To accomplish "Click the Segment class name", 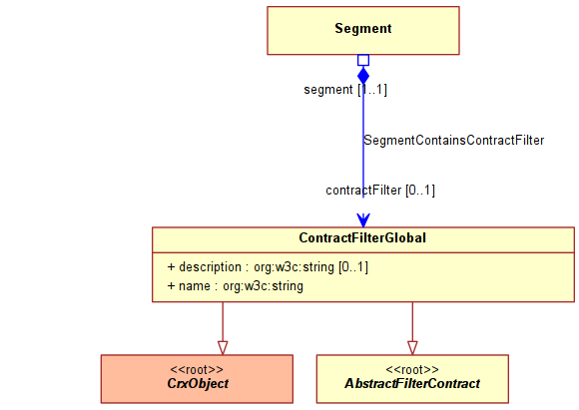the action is [363, 28].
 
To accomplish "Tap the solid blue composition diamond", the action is [363, 76].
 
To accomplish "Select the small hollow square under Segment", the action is [363, 60].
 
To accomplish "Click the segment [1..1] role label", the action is [345, 90].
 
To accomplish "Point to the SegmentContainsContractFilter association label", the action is [454, 141].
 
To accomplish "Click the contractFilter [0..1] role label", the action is [380, 191].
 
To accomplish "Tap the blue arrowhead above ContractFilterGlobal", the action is [363, 220].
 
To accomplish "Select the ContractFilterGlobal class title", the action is [362, 238].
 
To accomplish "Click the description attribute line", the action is [268, 266].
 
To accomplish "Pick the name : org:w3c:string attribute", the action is [236, 286].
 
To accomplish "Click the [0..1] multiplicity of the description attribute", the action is [353, 266].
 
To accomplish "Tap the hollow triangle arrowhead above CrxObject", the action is [223, 348].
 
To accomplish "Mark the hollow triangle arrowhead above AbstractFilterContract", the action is [412, 348].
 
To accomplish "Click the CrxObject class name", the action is [198, 383].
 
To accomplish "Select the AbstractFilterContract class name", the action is [412, 383].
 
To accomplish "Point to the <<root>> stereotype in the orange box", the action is [197, 369].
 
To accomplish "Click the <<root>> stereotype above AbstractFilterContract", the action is [412, 369].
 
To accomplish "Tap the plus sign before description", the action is [171, 266].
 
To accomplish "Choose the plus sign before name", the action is [171, 286].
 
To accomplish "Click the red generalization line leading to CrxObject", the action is [223, 322].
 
